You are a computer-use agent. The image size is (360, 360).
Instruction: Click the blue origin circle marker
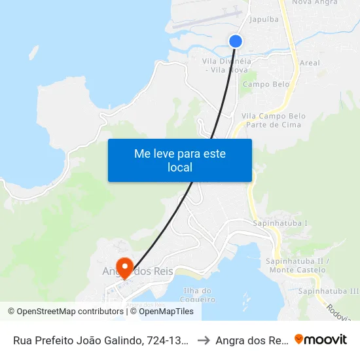236,41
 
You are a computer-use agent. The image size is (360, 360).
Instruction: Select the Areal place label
309,63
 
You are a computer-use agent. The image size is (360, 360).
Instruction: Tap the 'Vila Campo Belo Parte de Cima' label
274,120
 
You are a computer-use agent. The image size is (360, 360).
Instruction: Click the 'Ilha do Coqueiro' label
199,295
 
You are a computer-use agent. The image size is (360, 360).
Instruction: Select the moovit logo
320,339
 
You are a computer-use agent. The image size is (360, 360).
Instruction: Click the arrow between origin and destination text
203,340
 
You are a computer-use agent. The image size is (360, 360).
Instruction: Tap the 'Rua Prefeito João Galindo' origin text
101,340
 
